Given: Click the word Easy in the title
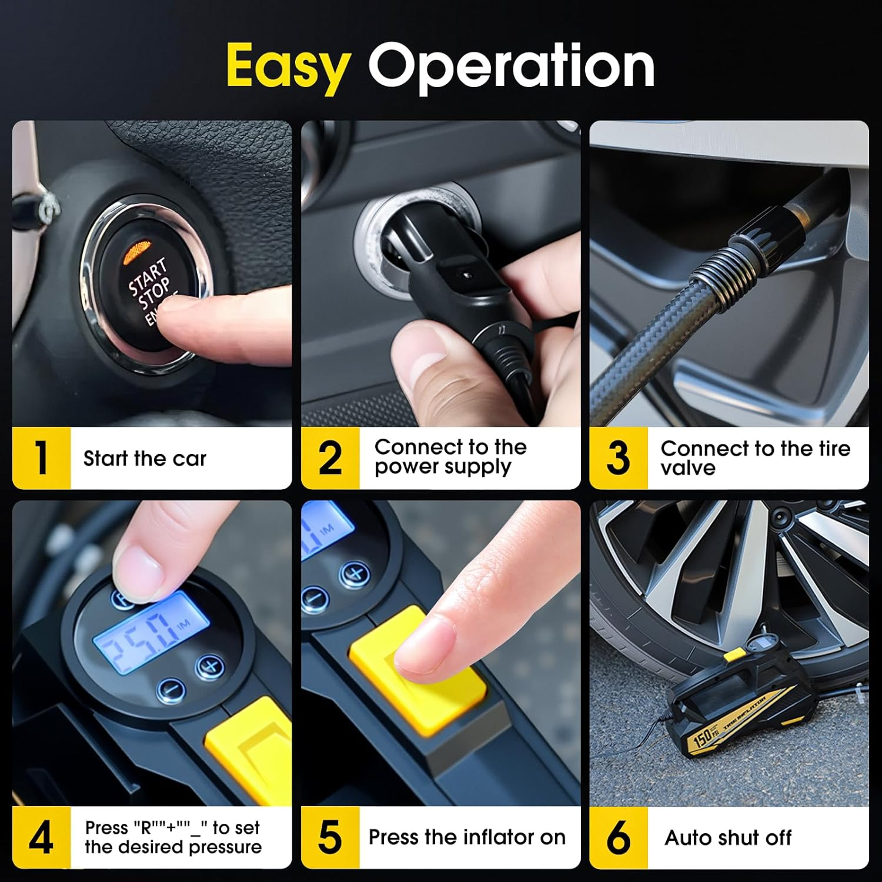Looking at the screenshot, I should (288, 66).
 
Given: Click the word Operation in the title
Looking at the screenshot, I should (511, 66).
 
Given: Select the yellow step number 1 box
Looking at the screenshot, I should (41, 458).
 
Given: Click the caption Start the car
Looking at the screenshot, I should (145, 459).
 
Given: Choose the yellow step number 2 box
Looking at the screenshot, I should (330, 458).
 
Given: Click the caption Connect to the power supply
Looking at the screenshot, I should (450, 457).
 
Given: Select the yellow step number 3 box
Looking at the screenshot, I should (618, 458).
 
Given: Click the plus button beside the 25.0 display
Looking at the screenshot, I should (209, 666).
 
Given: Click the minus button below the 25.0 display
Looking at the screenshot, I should (171, 689).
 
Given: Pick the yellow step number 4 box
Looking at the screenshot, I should (41, 837).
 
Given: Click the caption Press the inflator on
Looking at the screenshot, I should (467, 837).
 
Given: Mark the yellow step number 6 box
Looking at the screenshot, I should (618, 837).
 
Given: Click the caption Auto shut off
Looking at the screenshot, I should (728, 837).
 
